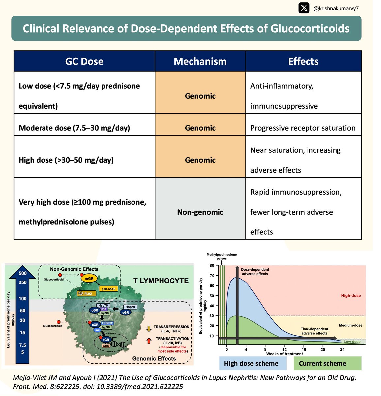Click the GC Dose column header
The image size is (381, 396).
(84, 61)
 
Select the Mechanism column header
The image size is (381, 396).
(200, 61)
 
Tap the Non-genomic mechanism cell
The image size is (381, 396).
(200, 212)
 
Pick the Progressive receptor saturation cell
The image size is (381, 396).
(303, 128)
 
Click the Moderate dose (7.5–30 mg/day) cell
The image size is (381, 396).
(74, 128)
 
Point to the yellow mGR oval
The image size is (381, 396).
(89, 278)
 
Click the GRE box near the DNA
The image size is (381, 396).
(106, 346)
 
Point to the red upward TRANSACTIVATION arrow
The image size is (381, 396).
(149, 340)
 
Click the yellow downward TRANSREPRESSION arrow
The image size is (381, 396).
(149, 328)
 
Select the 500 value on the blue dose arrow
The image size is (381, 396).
(23, 273)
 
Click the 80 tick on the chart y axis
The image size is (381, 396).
(212, 265)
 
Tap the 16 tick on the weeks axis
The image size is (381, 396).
(304, 349)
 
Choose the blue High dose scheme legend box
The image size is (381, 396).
(251, 363)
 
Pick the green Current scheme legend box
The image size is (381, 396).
(323, 363)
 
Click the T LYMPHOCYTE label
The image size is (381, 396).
(161, 281)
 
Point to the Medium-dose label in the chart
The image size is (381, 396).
(350, 325)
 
